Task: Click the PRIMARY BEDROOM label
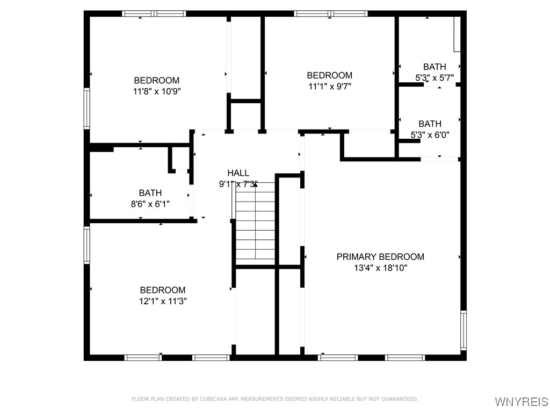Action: tap(380, 257)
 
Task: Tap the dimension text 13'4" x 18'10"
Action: tap(380, 268)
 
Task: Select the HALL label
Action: tap(238, 173)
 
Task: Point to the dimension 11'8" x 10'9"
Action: tap(157, 91)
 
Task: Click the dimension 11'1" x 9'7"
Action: tap(329, 86)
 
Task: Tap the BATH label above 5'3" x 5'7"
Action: tap(435, 67)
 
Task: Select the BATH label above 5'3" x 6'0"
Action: tap(430, 124)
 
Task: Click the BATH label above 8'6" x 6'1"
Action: tap(150, 193)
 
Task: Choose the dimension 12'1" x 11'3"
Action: tap(163, 301)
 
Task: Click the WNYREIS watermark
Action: tap(521, 402)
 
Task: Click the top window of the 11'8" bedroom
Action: tap(154, 13)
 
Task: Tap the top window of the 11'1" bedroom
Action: tap(330, 13)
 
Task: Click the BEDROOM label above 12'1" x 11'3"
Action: tap(163, 290)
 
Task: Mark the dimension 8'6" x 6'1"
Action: tap(150, 203)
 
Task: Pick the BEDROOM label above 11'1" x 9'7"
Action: tap(329, 75)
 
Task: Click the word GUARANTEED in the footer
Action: tap(401, 399)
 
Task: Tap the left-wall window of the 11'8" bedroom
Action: tap(86, 109)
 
